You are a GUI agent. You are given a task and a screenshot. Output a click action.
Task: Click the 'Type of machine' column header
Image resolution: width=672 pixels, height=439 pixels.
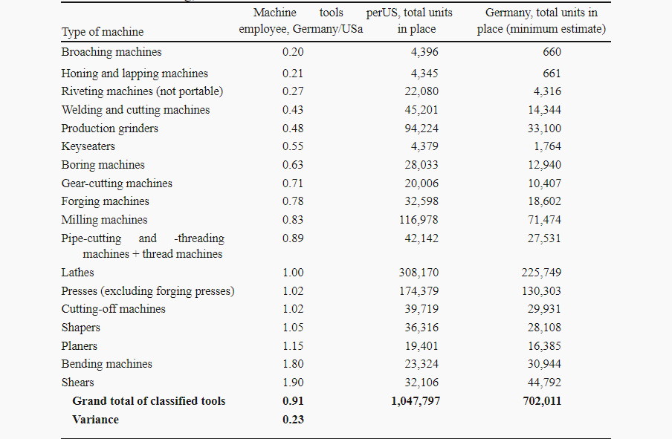(x=103, y=32)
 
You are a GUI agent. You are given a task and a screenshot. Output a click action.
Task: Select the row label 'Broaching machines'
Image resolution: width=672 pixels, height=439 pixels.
(x=112, y=52)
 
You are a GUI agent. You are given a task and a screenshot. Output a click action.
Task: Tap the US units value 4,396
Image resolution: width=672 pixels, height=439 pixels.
(x=424, y=52)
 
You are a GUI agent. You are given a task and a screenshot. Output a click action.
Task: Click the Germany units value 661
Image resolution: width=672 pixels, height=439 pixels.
(x=552, y=74)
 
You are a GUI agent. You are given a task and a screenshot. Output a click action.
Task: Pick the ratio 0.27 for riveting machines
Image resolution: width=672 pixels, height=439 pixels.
(x=293, y=91)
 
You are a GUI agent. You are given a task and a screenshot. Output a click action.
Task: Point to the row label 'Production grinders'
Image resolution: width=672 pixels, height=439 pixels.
(x=110, y=129)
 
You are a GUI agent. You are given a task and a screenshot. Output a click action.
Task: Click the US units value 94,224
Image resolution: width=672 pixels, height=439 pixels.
(x=421, y=129)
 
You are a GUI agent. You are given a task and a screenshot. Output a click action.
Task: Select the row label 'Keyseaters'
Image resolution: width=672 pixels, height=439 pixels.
(x=88, y=146)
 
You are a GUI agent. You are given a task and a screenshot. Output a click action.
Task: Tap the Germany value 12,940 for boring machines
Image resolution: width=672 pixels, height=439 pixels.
(x=544, y=165)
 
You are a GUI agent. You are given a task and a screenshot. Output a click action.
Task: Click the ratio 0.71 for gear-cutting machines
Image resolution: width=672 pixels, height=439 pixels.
(x=293, y=183)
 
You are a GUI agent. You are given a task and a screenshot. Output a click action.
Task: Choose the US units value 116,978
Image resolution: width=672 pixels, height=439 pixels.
(x=419, y=220)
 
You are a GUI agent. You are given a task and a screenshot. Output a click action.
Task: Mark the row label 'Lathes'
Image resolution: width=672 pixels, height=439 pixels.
(x=77, y=273)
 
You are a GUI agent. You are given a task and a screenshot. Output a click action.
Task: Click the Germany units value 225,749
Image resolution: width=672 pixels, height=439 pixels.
(x=541, y=273)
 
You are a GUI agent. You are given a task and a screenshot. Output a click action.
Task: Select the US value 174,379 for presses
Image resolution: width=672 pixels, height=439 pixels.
(x=419, y=291)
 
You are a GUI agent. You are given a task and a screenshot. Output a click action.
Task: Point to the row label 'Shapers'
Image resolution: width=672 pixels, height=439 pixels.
(x=80, y=328)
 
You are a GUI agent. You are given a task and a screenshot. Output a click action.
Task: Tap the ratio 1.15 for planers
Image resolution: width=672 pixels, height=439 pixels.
(x=293, y=346)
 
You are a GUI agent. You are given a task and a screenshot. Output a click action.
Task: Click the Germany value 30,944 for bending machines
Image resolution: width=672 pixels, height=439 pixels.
(x=544, y=364)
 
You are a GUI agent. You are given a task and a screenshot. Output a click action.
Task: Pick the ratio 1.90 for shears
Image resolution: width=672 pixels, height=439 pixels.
(x=293, y=383)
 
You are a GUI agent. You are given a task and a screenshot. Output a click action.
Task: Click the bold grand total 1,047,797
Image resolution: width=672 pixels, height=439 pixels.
(x=416, y=401)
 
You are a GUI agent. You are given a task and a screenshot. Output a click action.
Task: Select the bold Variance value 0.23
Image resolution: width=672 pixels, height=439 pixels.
(x=293, y=419)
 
